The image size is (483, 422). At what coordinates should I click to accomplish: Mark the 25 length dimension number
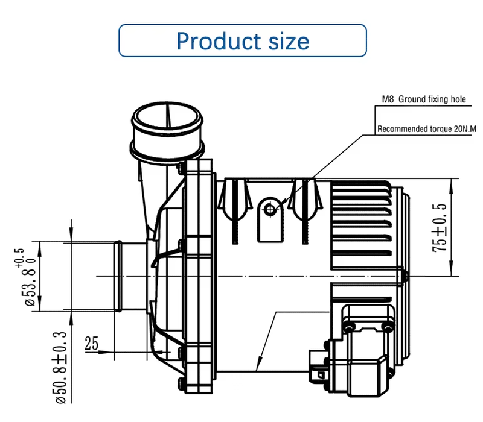(x=91, y=344)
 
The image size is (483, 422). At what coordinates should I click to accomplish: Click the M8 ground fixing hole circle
(x=269, y=209)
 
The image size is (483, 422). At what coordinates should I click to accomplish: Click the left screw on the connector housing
(x=348, y=326)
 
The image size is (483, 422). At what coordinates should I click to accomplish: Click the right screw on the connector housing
(x=385, y=326)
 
